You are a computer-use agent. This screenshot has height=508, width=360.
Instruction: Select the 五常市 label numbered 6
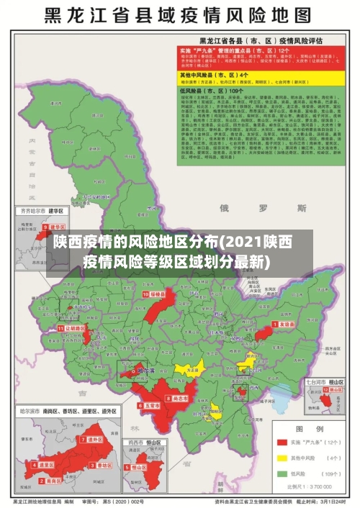pyautogui.click(x=149, y=405)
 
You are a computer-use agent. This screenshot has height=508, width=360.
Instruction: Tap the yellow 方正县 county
pyautogui.click(x=190, y=369)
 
